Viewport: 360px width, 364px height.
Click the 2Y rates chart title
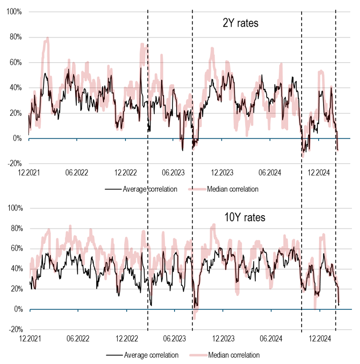pyautogui.click(x=240, y=23)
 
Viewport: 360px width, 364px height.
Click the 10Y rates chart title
pyautogui.click(x=245, y=218)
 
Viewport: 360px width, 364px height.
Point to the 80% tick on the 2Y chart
pyautogui.click(x=16, y=37)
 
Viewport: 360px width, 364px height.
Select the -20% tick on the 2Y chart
pyautogui.click(x=15, y=164)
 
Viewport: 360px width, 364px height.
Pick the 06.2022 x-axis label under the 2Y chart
pyautogui.click(x=77, y=172)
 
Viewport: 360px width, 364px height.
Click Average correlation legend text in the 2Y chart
pyautogui.click(x=150, y=189)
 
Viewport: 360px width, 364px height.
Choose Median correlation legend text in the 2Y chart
pyautogui.click(x=232, y=189)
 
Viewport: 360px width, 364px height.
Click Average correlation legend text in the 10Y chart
pyautogui.click(x=151, y=355)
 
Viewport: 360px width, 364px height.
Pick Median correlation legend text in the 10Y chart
pyautogui.click(x=234, y=355)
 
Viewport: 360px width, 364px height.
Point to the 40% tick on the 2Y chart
pyautogui.click(x=16, y=88)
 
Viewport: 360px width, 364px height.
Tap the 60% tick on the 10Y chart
pyautogui.click(x=16, y=249)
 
